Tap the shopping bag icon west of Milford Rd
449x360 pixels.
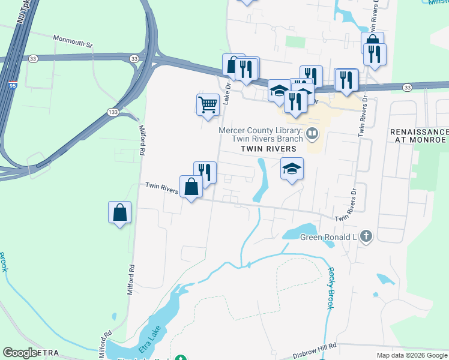(119, 212)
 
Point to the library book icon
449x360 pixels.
(312, 133)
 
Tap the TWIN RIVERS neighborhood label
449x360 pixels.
(269, 148)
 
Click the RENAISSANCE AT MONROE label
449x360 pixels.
(418, 136)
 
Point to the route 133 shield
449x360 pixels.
(113, 112)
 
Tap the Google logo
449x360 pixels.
(20, 353)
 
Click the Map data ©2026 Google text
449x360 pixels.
(411, 355)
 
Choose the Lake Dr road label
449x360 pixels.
(227, 94)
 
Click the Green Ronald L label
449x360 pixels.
(328, 236)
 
